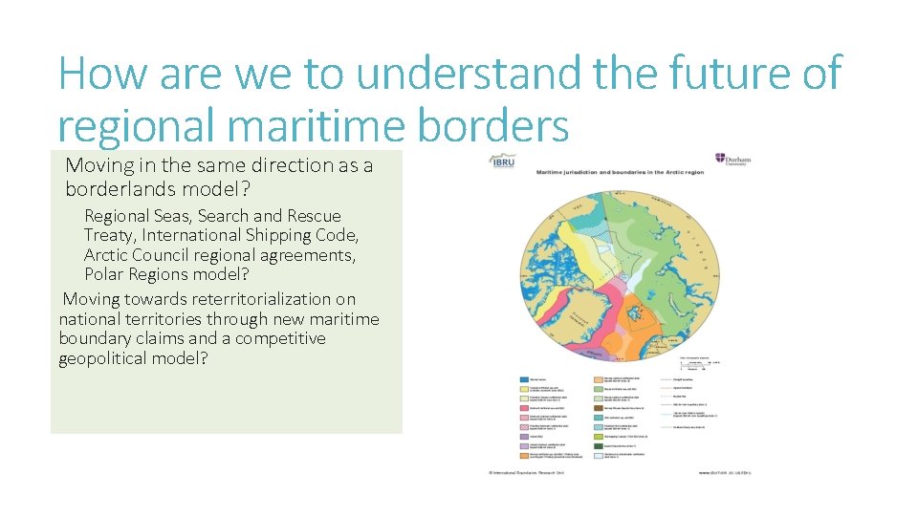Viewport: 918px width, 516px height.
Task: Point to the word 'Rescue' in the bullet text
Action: (313, 216)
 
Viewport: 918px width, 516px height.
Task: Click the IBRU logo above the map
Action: (503, 162)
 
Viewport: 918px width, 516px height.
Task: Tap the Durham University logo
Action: (732, 160)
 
